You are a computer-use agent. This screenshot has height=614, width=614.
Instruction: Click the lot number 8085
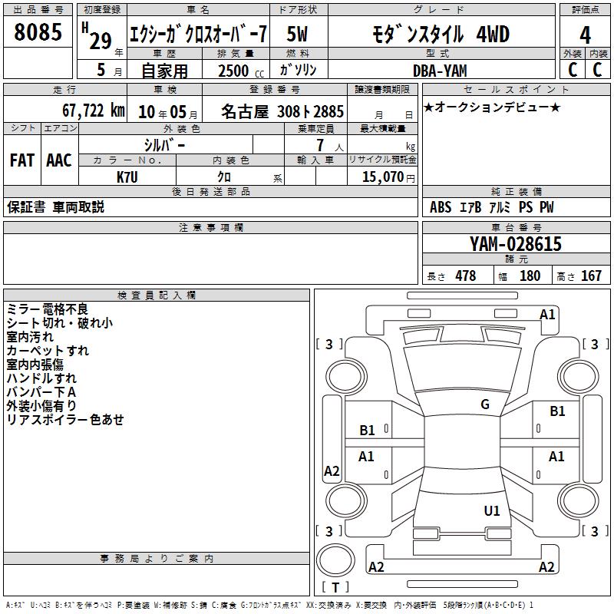tap(38, 31)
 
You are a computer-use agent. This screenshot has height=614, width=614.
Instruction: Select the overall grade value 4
tap(585, 35)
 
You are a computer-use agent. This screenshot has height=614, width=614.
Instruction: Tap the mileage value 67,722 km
tap(94, 111)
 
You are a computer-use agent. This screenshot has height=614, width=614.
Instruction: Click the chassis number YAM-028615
tap(516, 244)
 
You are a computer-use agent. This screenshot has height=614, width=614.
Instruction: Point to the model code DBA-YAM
tap(440, 71)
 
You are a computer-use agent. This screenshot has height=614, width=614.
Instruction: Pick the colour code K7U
tap(127, 177)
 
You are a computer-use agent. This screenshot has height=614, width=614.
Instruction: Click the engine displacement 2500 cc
tap(241, 71)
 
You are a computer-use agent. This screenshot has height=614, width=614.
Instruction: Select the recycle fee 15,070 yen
tap(388, 177)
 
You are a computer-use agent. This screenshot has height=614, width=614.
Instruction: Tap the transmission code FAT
tap(22, 160)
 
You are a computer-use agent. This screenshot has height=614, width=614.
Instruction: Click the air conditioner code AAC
tap(59, 160)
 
